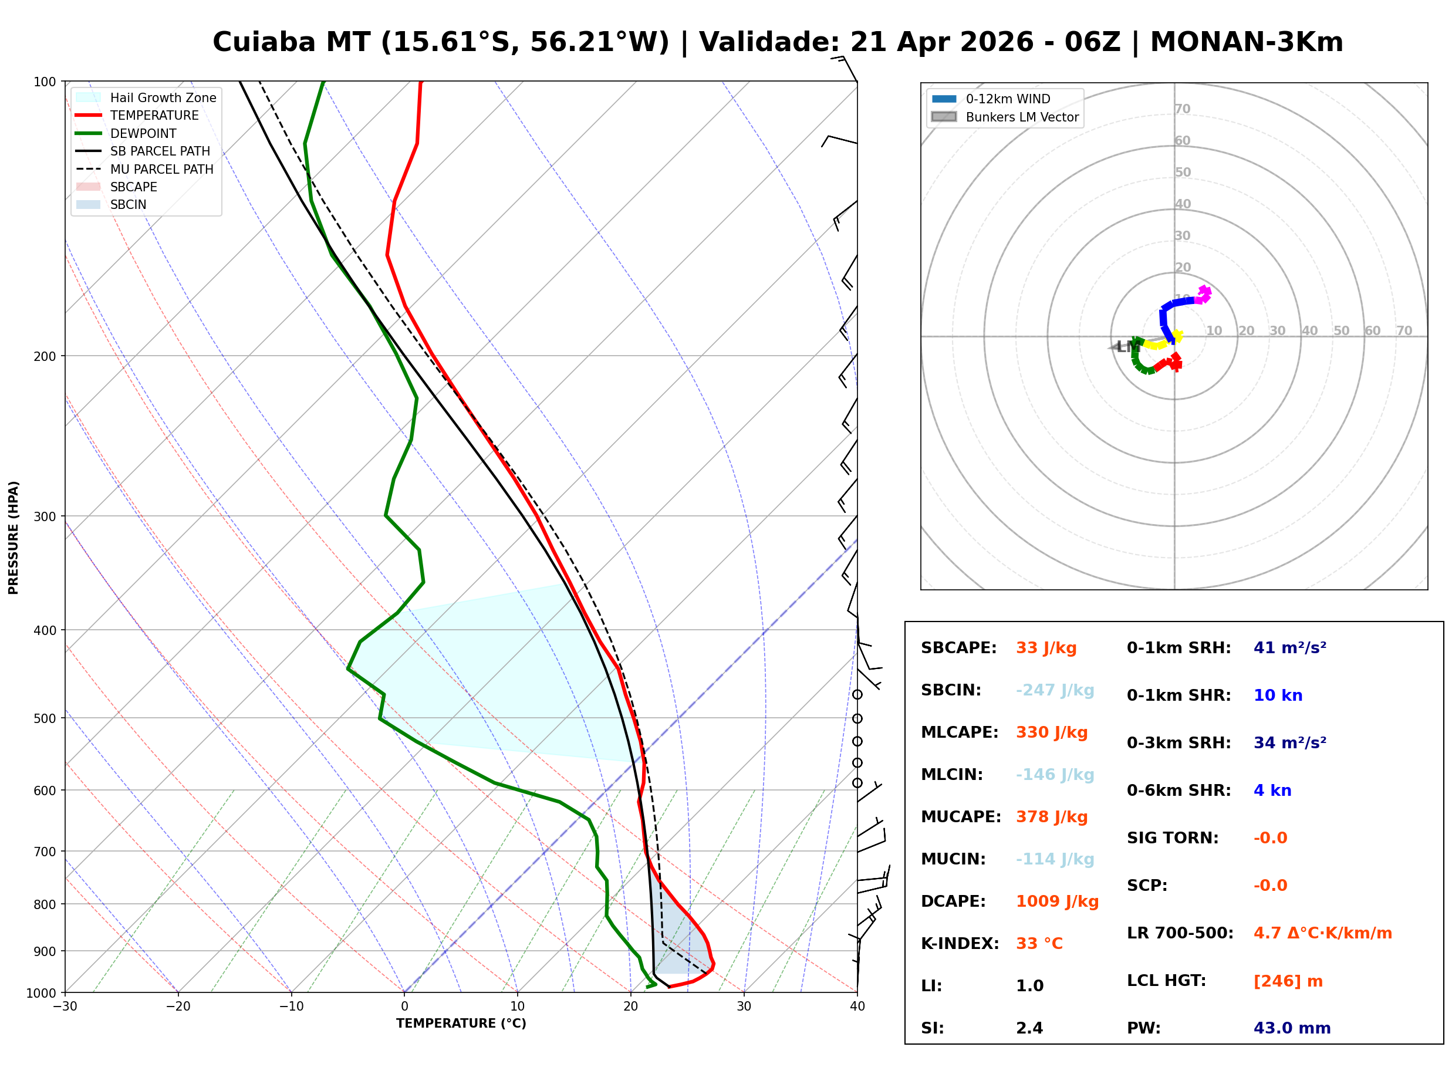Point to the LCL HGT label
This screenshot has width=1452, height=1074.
point(1166,981)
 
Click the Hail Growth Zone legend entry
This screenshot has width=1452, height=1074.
point(163,97)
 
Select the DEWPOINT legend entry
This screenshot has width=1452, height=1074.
point(143,133)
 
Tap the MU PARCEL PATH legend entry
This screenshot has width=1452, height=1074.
point(161,169)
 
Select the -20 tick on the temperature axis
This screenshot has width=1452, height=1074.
point(178,1007)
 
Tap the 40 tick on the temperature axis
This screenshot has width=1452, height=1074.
point(857,1007)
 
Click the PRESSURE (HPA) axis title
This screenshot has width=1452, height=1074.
point(13,538)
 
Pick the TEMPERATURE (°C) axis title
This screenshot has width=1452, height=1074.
point(461,1024)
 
